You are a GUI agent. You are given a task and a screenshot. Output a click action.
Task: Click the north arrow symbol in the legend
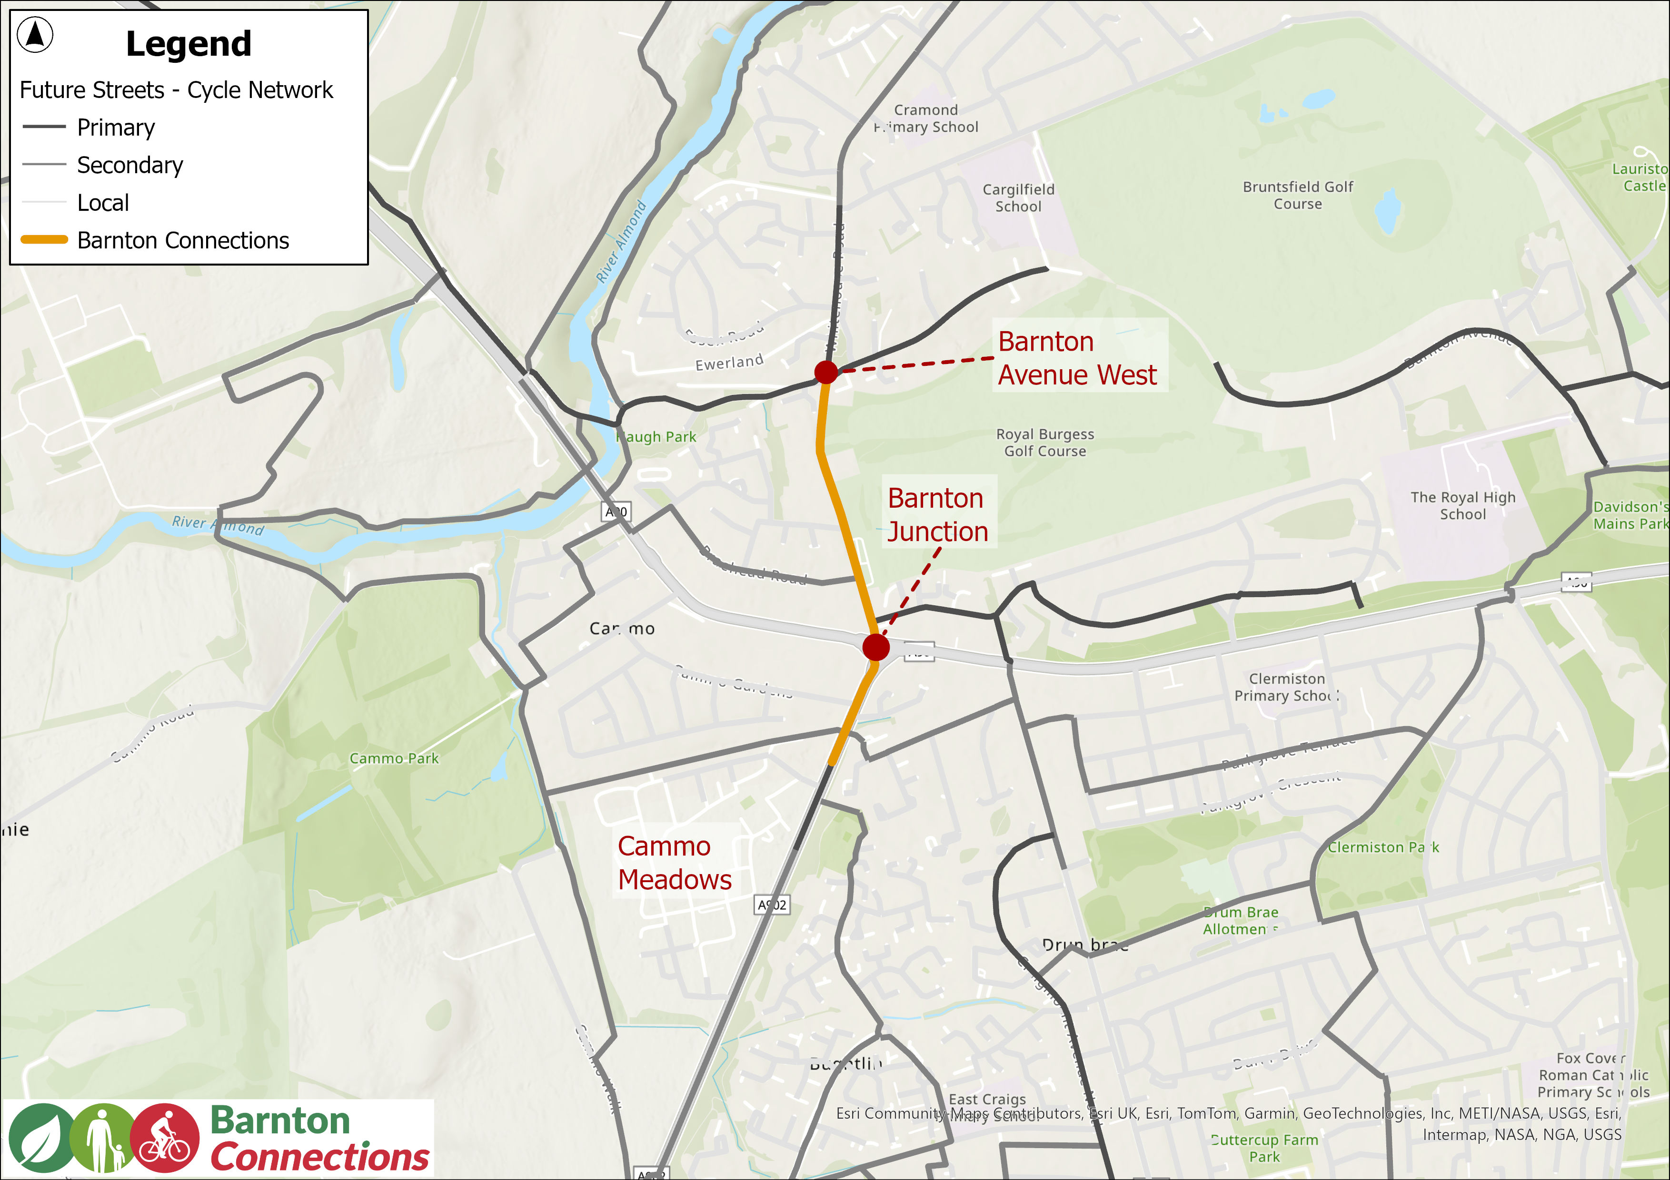35,35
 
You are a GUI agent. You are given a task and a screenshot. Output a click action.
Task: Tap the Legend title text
189,44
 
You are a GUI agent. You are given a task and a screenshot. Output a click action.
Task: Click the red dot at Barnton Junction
876,646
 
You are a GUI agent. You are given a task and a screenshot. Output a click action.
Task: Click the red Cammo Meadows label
674,863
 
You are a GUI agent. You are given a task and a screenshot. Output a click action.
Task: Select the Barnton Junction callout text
937,515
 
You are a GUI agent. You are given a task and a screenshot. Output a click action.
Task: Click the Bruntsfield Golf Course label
1298,195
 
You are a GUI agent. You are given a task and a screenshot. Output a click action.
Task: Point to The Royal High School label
1463,505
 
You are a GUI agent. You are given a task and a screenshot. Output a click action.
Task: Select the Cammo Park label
394,758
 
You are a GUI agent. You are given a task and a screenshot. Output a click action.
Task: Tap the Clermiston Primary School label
1286,687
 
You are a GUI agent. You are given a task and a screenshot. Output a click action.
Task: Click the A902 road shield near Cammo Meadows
772,905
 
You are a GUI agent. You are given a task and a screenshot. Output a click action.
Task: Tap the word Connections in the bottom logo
319,1157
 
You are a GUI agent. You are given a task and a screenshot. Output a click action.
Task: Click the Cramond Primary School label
926,118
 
